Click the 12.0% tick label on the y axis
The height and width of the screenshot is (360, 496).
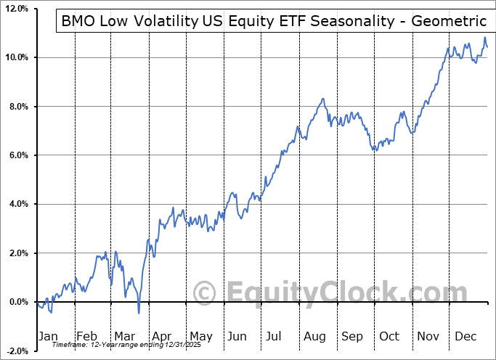[x=16, y=9]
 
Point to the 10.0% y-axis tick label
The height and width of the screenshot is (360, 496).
[x=16, y=57]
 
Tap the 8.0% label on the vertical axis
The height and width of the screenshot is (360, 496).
[x=17, y=107]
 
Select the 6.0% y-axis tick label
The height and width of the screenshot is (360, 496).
[x=17, y=155]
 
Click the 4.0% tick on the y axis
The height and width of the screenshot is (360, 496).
[x=17, y=204]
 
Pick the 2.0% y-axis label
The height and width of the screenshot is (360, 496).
[x=17, y=253]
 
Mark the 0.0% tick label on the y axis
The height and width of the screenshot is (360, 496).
[x=17, y=302]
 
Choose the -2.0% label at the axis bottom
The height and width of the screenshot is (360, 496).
[x=16, y=351]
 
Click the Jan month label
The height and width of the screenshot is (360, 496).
[x=47, y=336]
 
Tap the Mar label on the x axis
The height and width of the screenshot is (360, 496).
[x=124, y=336]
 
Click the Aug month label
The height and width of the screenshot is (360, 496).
[x=314, y=336]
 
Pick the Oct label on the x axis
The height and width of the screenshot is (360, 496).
[x=389, y=336]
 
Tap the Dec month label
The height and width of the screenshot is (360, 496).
[x=466, y=336]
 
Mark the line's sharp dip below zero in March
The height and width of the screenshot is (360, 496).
[x=139, y=313]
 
